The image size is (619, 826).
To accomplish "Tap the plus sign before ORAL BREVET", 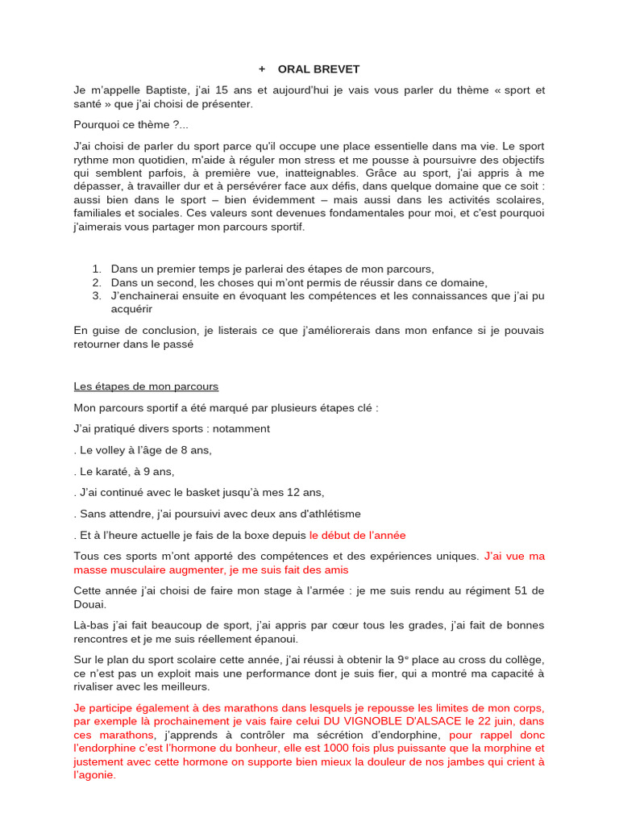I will [x=262, y=69].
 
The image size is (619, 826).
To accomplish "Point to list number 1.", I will [x=96, y=269].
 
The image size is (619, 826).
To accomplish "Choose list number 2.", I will [x=96, y=282].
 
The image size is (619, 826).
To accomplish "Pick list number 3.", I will [x=96, y=296].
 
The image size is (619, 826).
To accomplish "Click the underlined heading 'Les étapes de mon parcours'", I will [x=146, y=386].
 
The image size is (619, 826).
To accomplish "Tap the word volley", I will [x=111, y=450].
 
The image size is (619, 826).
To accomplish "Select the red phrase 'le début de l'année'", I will [x=357, y=535].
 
